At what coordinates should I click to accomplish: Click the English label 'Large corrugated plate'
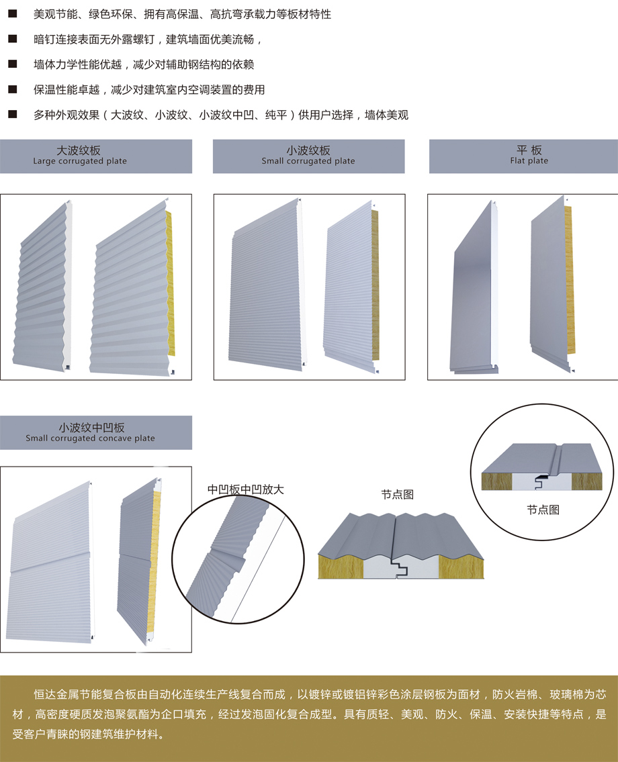pyautogui.click(x=80, y=161)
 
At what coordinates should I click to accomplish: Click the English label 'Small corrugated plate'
pyautogui.click(x=308, y=161)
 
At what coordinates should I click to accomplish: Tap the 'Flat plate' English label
pyautogui.click(x=529, y=161)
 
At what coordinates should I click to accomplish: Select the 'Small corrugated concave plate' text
pyautogui.click(x=90, y=438)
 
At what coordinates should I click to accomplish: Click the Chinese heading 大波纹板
pyautogui.click(x=79, y=150)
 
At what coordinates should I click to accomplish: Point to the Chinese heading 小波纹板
pyautogui.click(x=308, y=150)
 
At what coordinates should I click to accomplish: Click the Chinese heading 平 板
pyautogui.click(x=529, y=150)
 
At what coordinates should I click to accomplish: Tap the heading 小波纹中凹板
pyautogui.click(x=91, y=427)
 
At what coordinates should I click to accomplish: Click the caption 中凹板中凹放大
pyautogui.click(x=246, y=489)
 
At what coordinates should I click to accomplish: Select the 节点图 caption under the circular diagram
pyautogui.click(x=543, y=510)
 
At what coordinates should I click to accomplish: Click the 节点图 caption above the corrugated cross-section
pyautogui.click(x=397, y=494)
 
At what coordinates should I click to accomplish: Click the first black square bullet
pyautogui.click(x=12, y=14)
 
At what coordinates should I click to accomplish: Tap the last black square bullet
pyautogui.click(x=12, y=115)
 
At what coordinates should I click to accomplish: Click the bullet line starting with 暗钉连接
pyautogui.click(x=144, y=40)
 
